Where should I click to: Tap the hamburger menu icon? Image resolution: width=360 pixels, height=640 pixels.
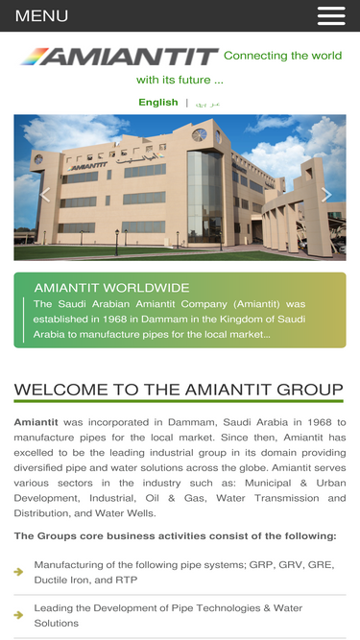click(331, 15)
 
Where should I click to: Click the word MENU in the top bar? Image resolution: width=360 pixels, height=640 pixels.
click(41, 16)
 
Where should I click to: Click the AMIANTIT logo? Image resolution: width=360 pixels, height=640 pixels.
click(118, 58)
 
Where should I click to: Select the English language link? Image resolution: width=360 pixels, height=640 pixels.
click(158, 102)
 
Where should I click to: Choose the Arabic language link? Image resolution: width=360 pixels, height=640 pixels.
click(207, 103)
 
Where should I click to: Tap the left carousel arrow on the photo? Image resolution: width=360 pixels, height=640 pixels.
click(45, 195)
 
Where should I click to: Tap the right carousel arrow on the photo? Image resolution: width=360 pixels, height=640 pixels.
click(326, 195)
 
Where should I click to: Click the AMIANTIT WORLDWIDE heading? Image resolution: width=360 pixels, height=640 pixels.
click(111, 288)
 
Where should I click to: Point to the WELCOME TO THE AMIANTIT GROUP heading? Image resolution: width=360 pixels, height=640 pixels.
click(179, 390)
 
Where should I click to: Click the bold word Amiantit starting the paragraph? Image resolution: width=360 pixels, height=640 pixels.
click(36, 422)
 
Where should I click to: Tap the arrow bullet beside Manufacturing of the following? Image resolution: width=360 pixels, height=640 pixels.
click(19, 572)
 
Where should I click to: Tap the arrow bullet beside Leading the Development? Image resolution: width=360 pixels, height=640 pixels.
click(19, 615)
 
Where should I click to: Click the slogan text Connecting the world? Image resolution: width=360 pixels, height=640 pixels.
click(282, 56)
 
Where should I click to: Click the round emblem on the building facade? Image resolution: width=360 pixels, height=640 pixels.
click(200, 134)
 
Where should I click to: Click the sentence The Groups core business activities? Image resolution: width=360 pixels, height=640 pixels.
click(175, 535)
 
